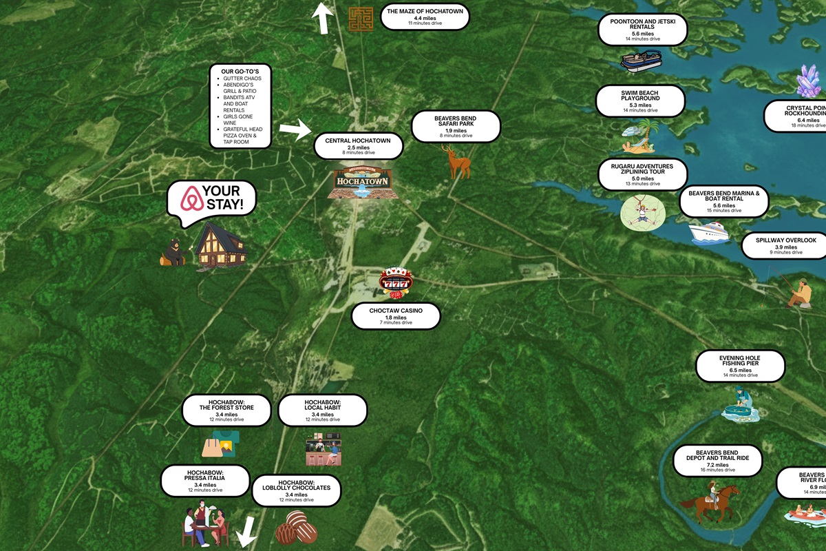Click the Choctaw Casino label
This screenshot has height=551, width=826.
click(395, 316)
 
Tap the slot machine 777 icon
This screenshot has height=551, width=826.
click(396, 282)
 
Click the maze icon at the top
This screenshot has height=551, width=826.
click(360, 19)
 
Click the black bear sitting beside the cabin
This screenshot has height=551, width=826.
click(173, 252)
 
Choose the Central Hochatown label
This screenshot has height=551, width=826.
click(358, 145)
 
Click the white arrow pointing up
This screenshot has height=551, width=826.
click(321, 18)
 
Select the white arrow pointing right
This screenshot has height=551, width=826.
click(295, 130)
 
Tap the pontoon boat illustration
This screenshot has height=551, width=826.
click(641, 60)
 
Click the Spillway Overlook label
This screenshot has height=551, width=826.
click(785, 245)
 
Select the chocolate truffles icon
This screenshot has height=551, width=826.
click(296, 528)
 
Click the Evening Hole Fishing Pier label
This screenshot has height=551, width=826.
click(740, 366)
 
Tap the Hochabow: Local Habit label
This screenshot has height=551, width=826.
click(322, 410)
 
